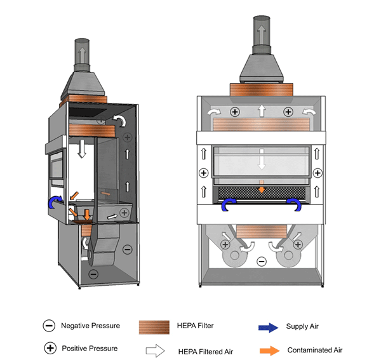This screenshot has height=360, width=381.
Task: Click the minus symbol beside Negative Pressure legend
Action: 48,326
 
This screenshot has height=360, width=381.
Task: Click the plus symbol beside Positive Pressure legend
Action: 48,349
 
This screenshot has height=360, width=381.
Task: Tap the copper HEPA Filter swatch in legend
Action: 155,327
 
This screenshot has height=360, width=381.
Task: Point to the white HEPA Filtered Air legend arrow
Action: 154,350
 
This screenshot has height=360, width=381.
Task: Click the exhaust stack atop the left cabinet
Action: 81,53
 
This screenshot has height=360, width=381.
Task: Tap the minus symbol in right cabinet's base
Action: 260,260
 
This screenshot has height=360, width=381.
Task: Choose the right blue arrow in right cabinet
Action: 294,204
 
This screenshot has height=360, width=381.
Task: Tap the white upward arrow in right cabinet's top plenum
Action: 260,110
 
